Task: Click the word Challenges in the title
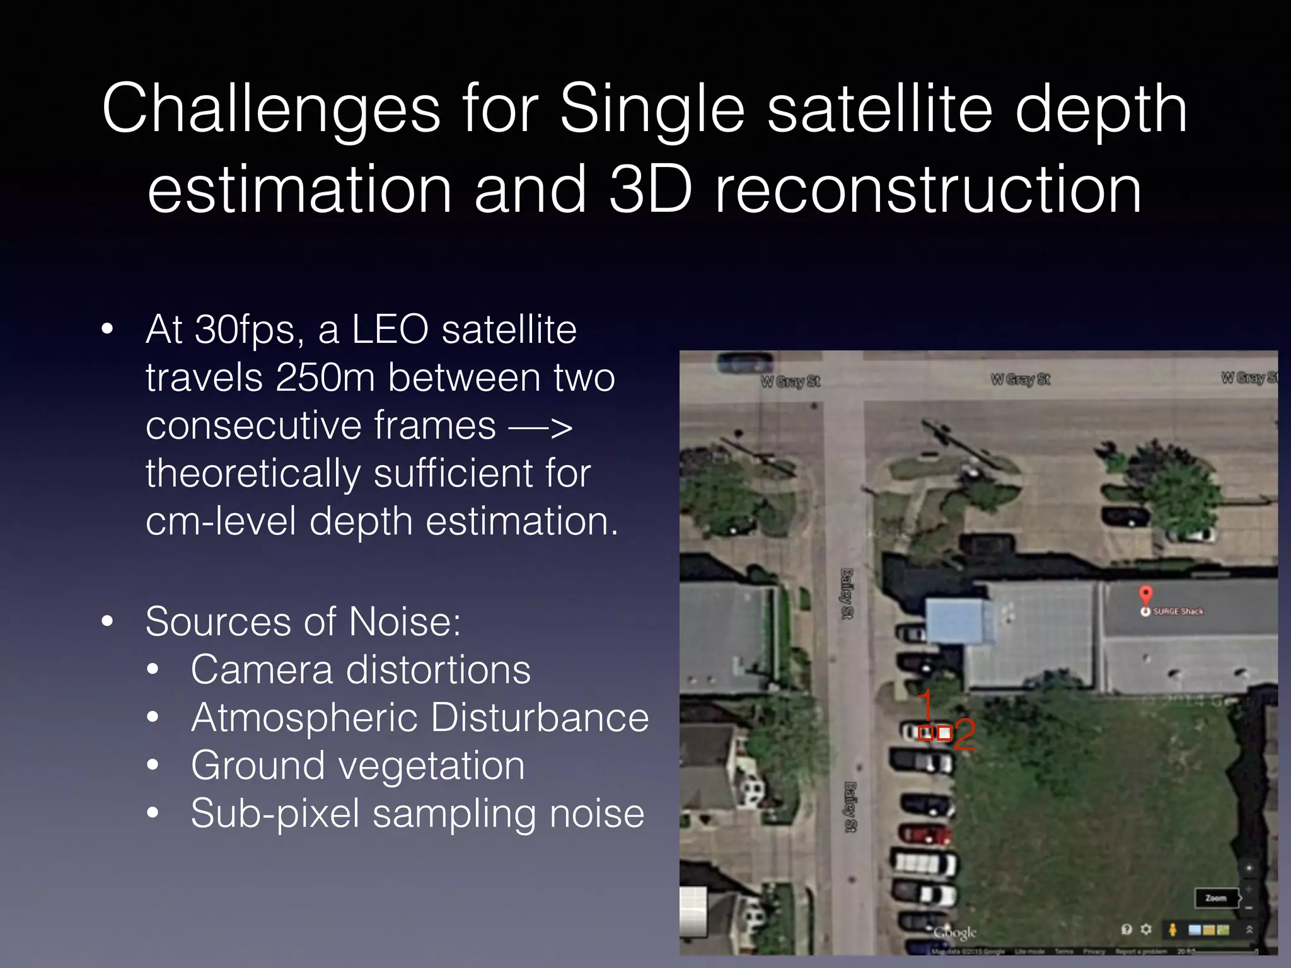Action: [271, 110]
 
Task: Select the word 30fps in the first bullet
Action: [245, 330]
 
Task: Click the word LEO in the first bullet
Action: [390, 330]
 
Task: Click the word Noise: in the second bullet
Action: [405, 622]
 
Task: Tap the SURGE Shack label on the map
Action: [1178, 612]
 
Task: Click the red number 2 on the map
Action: [964, 735]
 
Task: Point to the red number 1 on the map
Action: [925, 704]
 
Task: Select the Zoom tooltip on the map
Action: [1216, 898]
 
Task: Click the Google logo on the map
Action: [955, 932]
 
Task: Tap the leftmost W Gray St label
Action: [790, 381]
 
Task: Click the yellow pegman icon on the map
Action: [1173, 930]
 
